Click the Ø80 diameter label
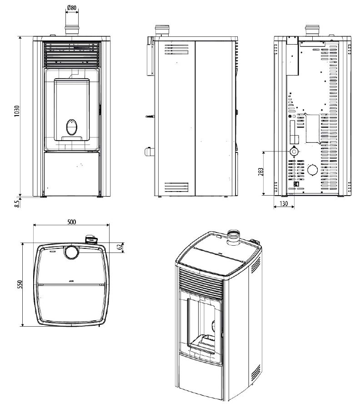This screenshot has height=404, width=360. point(71,8)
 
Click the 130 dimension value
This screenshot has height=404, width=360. point(284,204)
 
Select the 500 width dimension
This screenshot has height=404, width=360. point(71,222)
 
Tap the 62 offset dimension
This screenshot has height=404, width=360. point(120,247)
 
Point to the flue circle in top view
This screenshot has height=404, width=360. point(71,252)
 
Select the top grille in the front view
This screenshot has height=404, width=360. point(71,54)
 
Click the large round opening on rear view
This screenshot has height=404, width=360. point(313,170)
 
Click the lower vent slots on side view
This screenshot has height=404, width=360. point(176,187)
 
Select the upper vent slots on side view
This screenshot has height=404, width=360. point(176,49)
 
